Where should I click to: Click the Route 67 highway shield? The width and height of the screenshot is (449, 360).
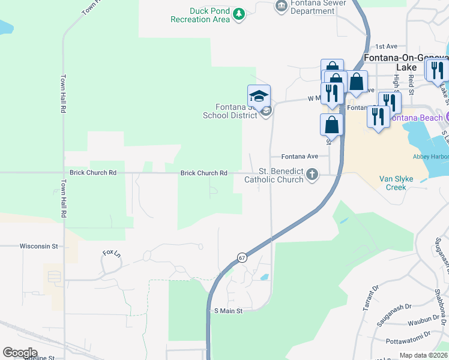tap(241, 257)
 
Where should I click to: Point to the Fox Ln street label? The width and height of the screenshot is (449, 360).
tap(112, 253)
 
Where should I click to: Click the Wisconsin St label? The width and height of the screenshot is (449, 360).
tap(38, 246)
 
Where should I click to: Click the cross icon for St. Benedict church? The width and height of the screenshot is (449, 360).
tap(311, 175)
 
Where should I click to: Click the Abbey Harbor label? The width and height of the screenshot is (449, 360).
tap(431, 157)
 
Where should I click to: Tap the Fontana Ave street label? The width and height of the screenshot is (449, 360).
tap(300, 156)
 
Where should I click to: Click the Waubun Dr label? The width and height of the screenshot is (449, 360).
tap(424, 322)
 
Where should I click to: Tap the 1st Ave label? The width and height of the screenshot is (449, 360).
tap(387, 46)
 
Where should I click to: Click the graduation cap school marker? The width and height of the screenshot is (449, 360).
tap(259, 96)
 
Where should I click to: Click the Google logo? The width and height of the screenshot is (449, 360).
tap(20, 353)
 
